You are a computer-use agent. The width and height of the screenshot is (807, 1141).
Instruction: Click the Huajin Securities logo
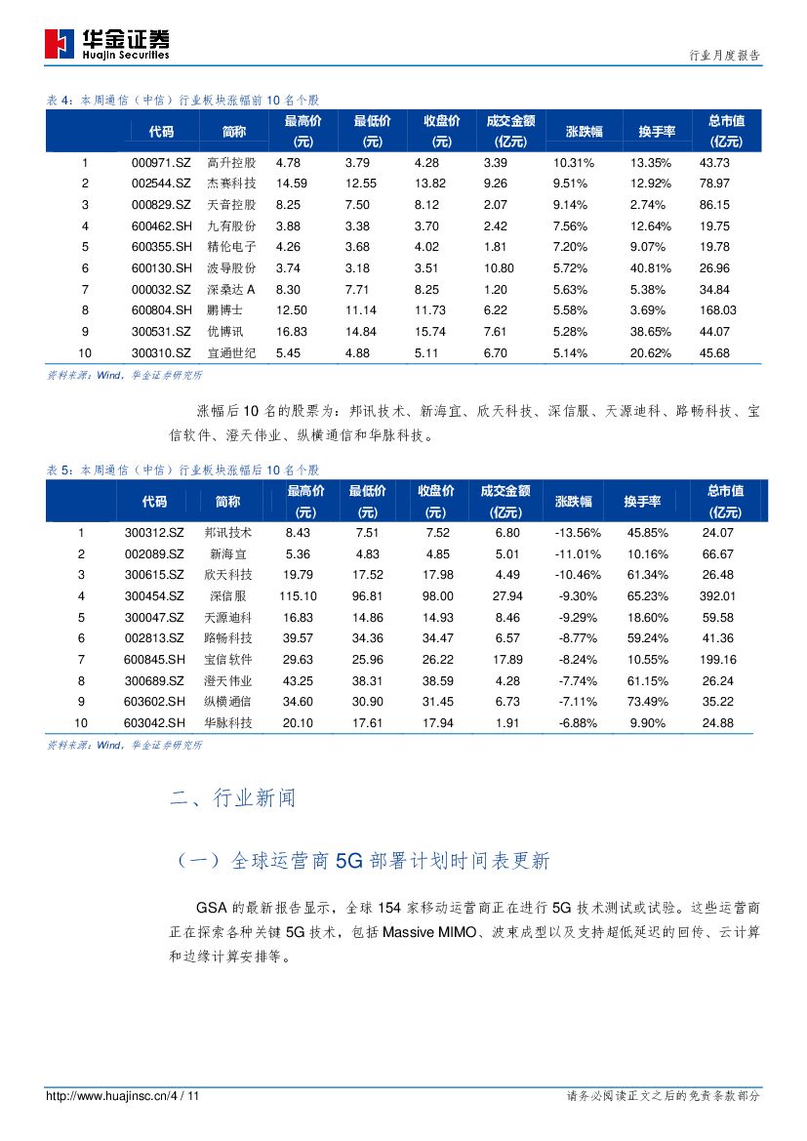tap(107, 42)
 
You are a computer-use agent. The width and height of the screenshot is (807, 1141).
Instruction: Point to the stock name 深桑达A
tap(231, 289)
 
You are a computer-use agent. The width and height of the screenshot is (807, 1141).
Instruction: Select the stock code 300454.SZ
tap(154, 595)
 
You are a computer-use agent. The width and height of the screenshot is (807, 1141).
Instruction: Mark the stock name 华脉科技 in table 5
tap(228, 722)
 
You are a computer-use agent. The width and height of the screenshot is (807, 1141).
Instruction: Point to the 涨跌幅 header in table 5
tap(574, 501)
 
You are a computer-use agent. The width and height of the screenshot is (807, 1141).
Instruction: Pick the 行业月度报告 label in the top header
tap(724, 56)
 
